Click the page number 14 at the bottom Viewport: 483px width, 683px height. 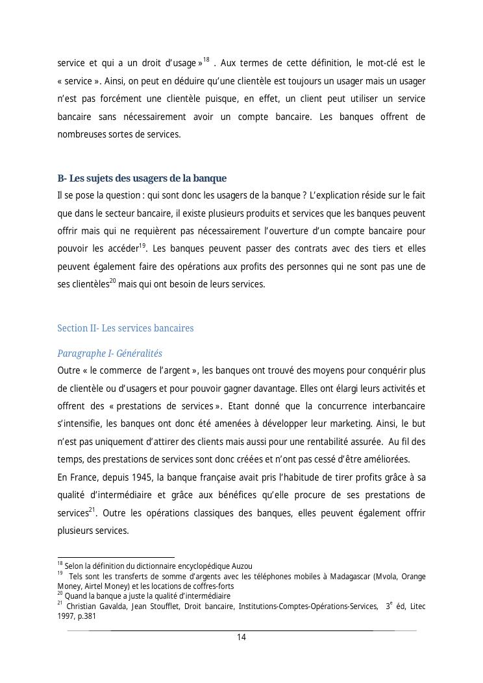[x=241, y=637]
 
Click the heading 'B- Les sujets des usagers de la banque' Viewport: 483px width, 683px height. [x=142, y=178]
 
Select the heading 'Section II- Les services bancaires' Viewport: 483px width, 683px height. [x=125, y=328]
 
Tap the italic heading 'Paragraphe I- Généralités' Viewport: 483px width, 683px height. [x=110, y=353]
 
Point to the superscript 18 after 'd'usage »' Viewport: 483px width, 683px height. [x=206, y=60]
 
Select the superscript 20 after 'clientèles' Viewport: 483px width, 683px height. [x=112, y=281]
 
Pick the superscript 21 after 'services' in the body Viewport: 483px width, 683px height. [x=92, y=510]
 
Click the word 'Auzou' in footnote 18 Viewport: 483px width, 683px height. [x=241, y=566]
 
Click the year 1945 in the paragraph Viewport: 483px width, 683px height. [x=140, y=478]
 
